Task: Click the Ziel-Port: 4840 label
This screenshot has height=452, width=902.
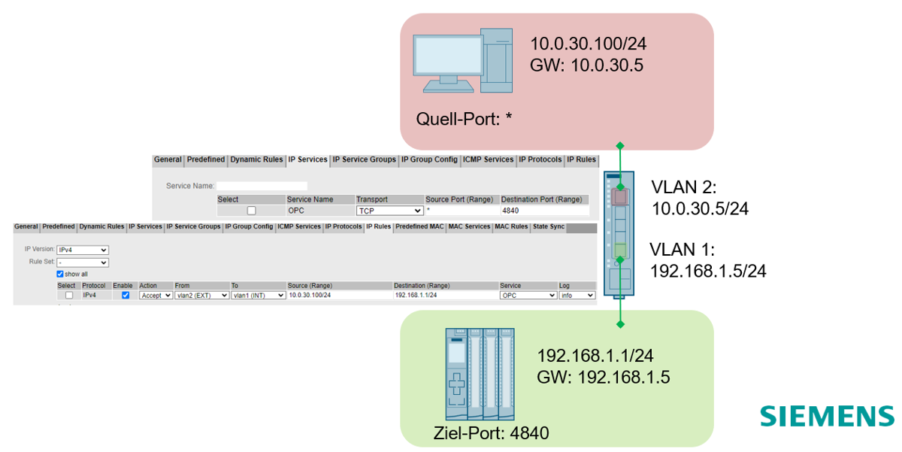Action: coord(492,434)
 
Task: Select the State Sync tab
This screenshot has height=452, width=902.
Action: coord(548,226)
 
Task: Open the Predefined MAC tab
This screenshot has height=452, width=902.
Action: coord(420,226)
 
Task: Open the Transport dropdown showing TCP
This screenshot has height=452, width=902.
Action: coord(389,211)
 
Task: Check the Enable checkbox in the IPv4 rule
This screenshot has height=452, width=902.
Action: coord(126,296)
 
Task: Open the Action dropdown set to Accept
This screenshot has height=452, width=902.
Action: coord(156,296)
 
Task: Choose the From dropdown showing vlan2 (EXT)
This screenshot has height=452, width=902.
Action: coord(201,296)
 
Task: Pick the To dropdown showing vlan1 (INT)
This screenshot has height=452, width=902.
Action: coord(258,296)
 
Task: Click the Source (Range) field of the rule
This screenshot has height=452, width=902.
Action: coord(338,296)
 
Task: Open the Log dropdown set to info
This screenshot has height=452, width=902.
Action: coord(577,296)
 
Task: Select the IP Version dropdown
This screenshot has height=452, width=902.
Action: coord(82,250)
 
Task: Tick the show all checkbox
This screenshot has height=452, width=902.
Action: coord(61,275)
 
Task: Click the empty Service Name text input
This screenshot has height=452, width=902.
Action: coord(262,185)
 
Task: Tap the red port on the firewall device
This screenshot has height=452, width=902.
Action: coord(620,197)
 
